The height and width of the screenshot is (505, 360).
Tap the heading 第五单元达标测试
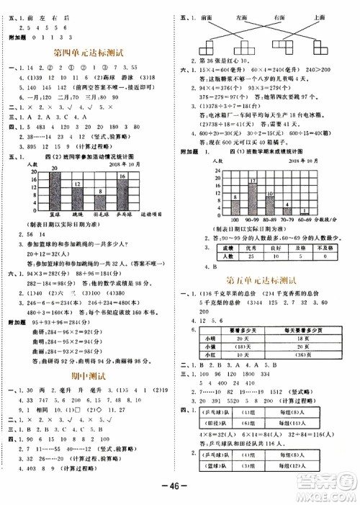point(262,280)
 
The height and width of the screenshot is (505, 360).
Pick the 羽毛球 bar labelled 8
point(101,204)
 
